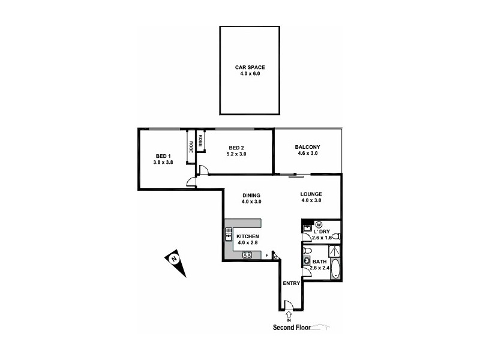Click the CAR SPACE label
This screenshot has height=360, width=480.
[x=250, y=67]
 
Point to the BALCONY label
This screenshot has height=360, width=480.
[x=307, y=148]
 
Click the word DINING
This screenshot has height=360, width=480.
[x=251, y=195]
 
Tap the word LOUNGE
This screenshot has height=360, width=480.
[x=311, y=194]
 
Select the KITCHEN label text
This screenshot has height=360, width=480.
[x=247, y=237]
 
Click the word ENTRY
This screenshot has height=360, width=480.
[x=291, y=283]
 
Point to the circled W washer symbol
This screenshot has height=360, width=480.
[x=318, y=224]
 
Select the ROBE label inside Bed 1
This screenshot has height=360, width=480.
[x=191, y=145]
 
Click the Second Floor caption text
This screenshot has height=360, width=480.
[x=292, y=328]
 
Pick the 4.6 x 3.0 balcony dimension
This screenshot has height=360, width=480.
[x=307, y=154]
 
